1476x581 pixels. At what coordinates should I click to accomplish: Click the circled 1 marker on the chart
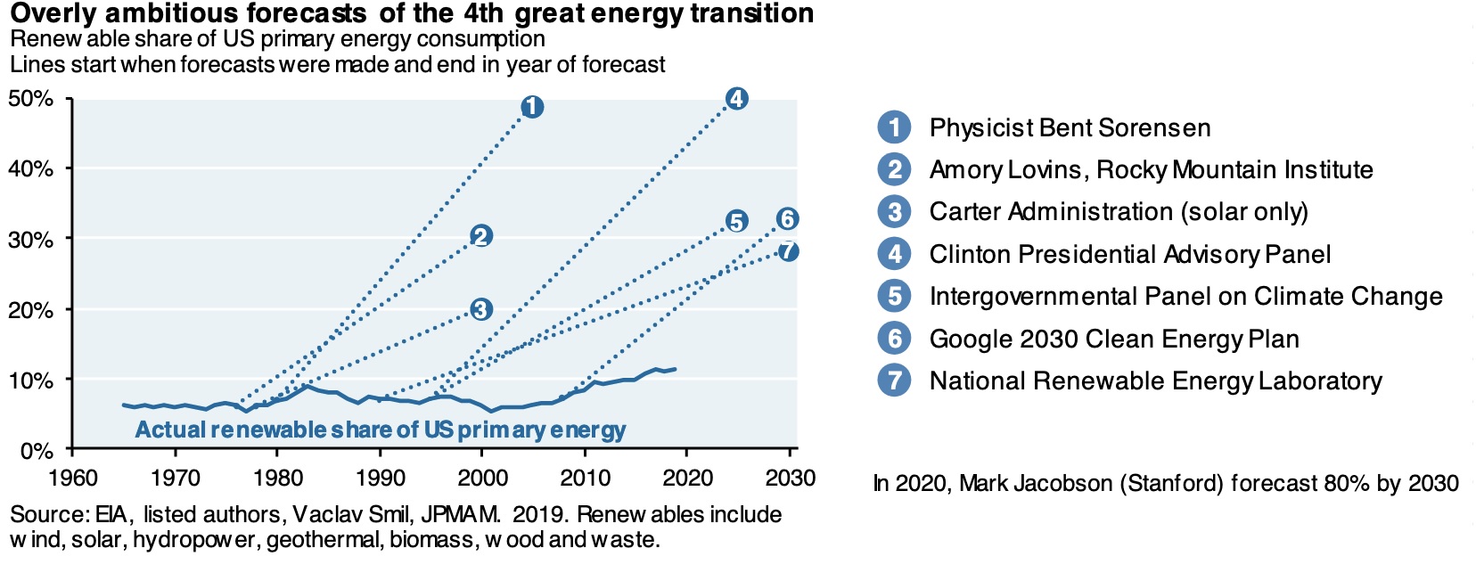[x=531, y=107]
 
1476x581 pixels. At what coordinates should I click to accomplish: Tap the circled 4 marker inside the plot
[x=735, y=98]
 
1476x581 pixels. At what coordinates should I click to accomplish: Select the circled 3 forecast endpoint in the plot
[x=480, y=309]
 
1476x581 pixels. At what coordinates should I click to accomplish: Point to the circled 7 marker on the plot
[x=787, y=250]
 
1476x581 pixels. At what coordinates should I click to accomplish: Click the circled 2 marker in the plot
[x=480, y=235]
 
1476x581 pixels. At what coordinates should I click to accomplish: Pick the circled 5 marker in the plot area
[x=735, y=221]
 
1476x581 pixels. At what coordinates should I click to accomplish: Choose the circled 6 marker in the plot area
[x=787, y=218]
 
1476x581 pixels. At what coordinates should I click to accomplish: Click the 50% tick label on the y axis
[x=30, y=98]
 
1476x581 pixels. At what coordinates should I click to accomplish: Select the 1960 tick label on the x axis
[x=73, y=479]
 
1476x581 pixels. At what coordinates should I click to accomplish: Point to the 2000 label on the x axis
[x=482, y=479]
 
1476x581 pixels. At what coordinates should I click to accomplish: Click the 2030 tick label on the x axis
[x=790, y=479]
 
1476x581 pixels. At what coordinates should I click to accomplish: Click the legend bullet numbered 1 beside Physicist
[x=894, y=127]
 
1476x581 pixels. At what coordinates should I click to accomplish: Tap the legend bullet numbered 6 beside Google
[x=894, y=339]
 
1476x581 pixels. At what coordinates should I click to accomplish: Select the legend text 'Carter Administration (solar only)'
[x=1119, y=212]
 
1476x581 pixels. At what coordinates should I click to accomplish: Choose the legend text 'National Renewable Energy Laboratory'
[x=1155, y=381]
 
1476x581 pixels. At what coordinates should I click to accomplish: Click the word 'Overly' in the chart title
[x=52, y=14]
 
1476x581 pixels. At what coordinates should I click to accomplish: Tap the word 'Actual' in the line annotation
[x=169, y=430]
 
